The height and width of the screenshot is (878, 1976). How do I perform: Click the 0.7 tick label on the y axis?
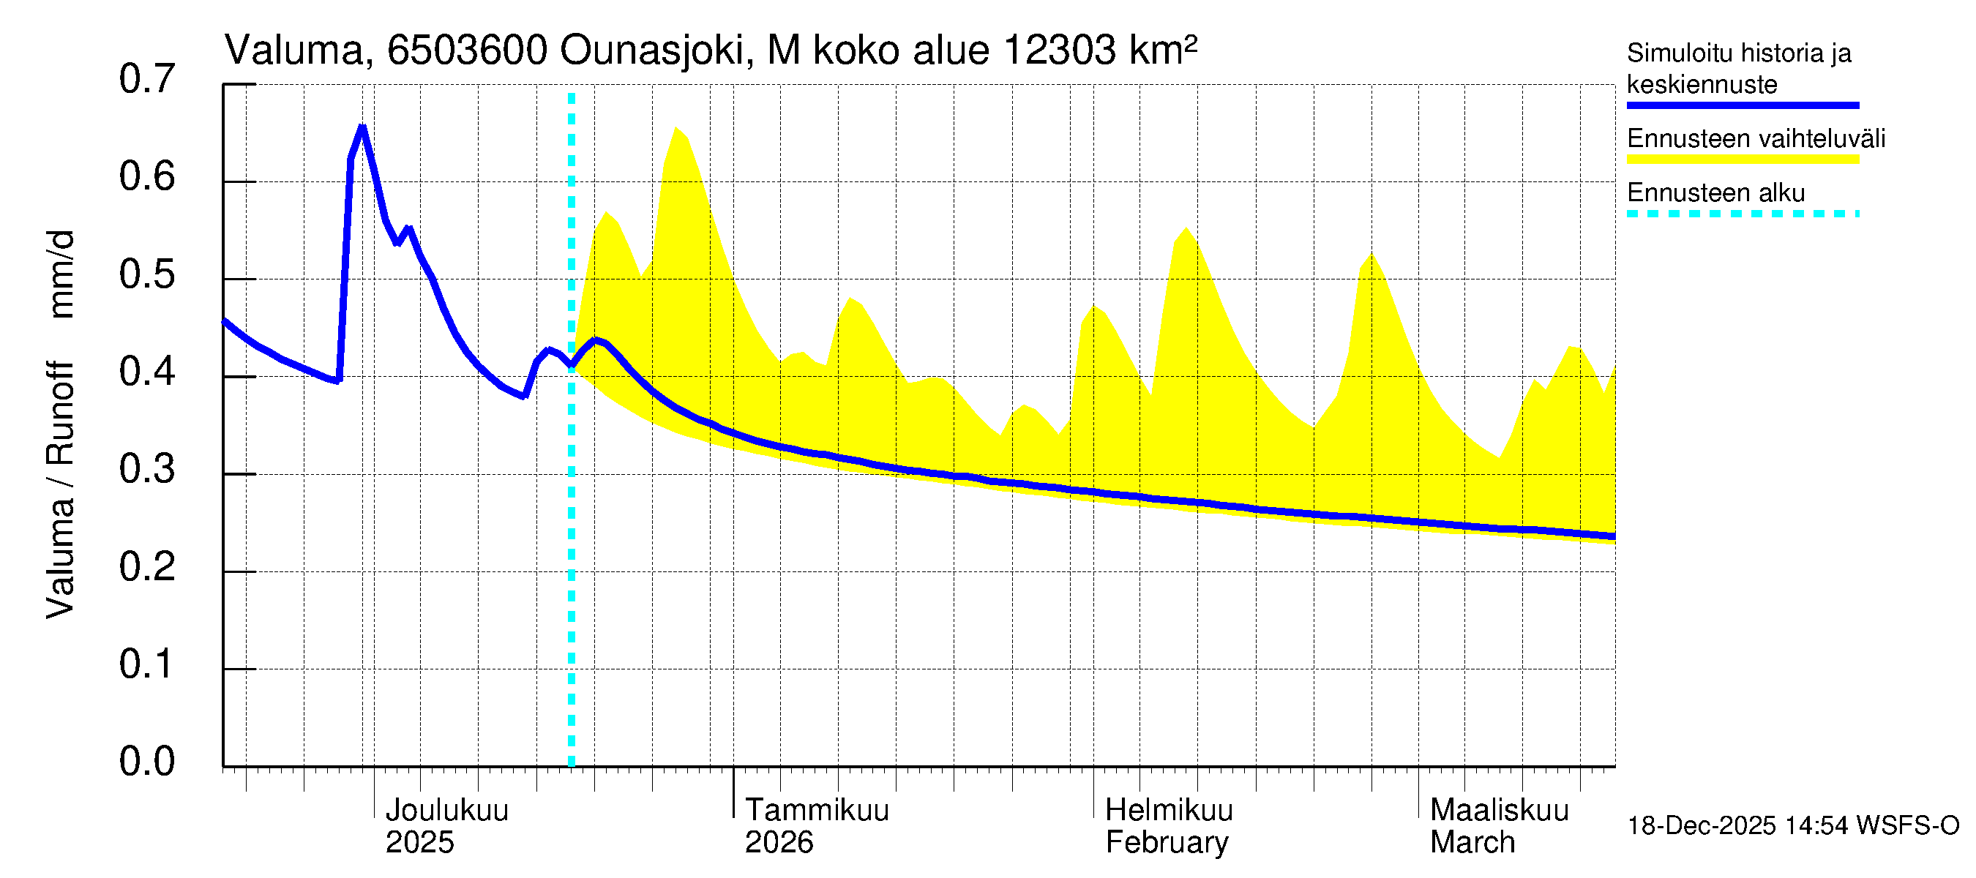click(x=146, y=80)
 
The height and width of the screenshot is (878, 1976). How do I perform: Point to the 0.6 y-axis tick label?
click(x=146, y=177)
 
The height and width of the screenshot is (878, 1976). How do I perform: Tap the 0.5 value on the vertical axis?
click(x=146, y=274)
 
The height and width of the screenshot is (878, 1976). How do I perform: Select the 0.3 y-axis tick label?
click(x=146, y=469)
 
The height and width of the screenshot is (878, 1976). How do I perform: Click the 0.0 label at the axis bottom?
click(x=146, y=762)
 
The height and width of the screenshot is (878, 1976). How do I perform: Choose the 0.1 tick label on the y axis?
click(x=146, y=664)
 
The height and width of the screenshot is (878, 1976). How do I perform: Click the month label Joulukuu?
click(x=446, y=811)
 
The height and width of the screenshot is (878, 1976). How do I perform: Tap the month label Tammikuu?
click(x=816, y=811)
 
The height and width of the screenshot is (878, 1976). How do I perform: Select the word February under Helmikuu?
click(x=1166, y=843)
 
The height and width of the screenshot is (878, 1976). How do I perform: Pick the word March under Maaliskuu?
click(x=1472, y=843)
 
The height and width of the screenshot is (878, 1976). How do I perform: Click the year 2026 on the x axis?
click(x=779, y=843)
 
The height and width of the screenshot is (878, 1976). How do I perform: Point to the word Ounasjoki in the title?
click(x=651, y=50)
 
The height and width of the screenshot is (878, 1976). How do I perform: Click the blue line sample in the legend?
click(x=1742, y=106)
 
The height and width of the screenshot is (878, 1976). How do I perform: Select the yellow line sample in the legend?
click(x=1742, y=160)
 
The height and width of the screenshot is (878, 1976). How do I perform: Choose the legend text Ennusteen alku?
click(x=1715, y=193)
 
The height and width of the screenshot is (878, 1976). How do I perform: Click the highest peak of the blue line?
click(x=362, y=127)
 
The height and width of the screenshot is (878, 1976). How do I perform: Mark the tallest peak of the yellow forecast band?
click(x=675, y=128)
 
